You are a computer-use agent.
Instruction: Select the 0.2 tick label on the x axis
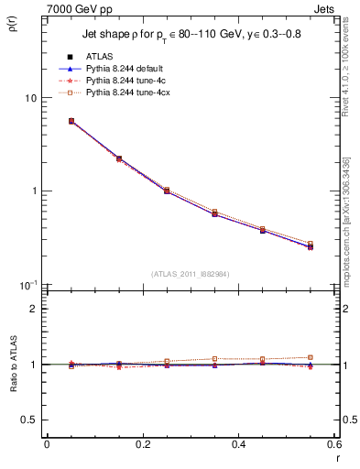tap(142, 443)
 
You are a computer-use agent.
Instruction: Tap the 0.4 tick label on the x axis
tap(238, 443)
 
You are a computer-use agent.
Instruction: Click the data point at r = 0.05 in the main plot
tap(71, 121)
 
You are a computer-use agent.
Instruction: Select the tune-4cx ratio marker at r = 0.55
tap(311, 357)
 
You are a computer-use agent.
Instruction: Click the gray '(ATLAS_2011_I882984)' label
tap(190, 273)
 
